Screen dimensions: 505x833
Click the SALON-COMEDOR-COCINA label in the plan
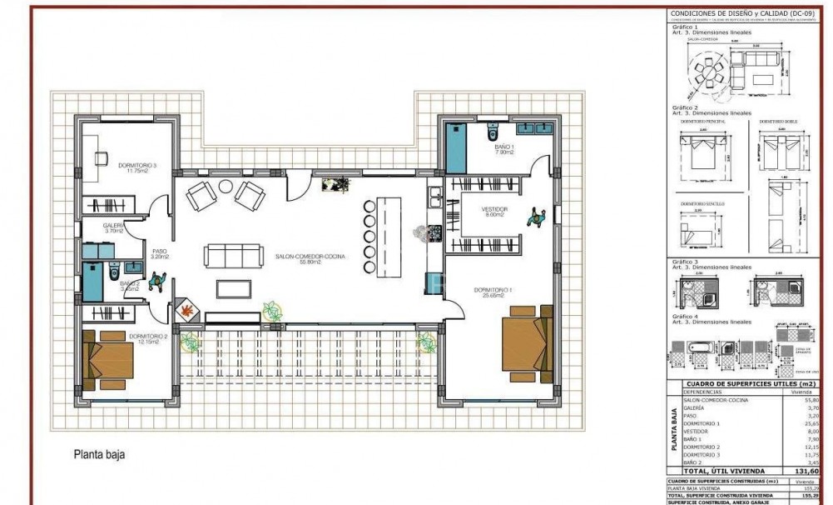pyautogui.click(x=310, y=257)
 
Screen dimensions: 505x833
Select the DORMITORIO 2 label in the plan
pyautogui.click(x=149, y=338)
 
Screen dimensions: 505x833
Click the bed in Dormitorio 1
pyautogui.click(x=527, y=341)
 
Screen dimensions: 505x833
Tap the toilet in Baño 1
pyautogui.click(x=492, y=132)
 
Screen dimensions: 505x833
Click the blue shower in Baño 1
pyautogui.click(x=456, y=147)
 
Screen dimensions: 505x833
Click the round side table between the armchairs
pyautogui.click(x=226, y=187)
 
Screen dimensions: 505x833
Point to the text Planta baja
pyautogui.click(x=99, y=455)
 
